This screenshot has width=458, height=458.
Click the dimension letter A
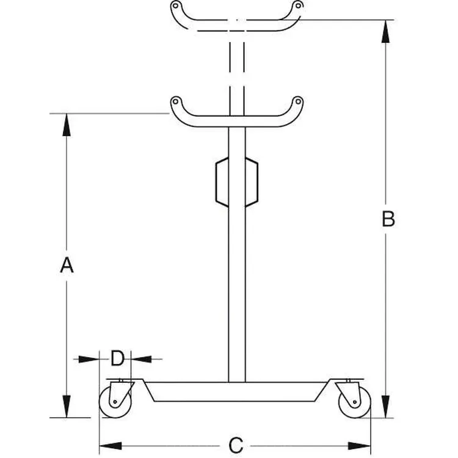click(x=67, y=265)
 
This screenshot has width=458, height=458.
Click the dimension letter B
click(x=388, y=219)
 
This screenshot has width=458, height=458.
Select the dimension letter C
click(x=236, y=445)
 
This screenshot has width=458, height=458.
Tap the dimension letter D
click(x=117, y=358)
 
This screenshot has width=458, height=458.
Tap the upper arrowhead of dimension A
click(x=67, y=125)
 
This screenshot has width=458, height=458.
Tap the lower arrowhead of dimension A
click(x=67, y=406)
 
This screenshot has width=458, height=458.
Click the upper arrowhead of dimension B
click(x=385, y=32)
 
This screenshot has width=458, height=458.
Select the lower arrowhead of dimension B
click(x=385, y=407)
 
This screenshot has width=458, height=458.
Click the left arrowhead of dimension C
click(x=111, y=446)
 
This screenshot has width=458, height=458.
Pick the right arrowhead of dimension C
click(x=360, y=446)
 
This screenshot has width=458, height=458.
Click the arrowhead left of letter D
click(x=89, y=359)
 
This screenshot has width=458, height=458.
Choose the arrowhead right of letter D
click(x=142, y=359)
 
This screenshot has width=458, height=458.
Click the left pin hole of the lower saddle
click(x=175, y=101)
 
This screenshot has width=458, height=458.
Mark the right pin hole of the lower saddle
click(x=298, y=101)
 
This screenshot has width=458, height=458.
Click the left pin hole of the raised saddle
click(x=175, y=5)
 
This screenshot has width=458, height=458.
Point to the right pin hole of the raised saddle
click(x=298, y=5)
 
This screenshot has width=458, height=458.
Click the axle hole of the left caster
click(x=115, y=402)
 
